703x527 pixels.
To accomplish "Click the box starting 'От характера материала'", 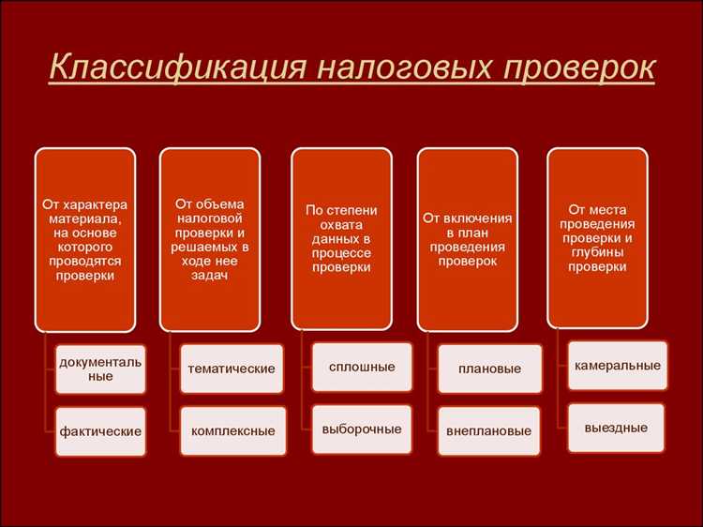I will point(85,239).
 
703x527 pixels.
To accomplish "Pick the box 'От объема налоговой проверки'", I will point(210,239).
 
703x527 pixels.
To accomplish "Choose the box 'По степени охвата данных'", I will point(341,239).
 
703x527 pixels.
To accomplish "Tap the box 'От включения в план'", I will point(467,239).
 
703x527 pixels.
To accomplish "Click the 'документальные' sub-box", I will point(100,369).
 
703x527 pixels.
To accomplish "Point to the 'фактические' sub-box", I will point(100,431).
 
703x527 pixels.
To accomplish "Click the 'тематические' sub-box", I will point(231,369).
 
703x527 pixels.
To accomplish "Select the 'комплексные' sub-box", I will point(232,431).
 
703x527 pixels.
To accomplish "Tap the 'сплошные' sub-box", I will point(361,367).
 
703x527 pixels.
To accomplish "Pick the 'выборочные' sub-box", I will point(361,429).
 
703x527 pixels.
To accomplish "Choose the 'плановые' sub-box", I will point(489,369).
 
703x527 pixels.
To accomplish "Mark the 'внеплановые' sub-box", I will point(489,431).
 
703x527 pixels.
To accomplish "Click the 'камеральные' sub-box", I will point(618,365).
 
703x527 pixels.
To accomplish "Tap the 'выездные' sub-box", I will point(616,428).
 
